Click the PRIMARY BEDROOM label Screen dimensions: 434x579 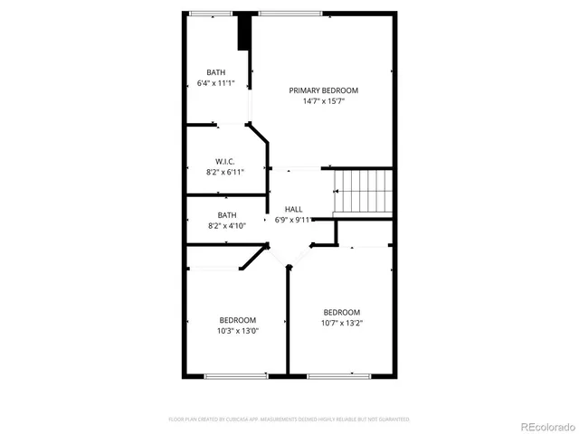[x=323, y=90]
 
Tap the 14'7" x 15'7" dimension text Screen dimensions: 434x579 [x=323, y=101]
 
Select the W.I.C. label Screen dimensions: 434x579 [x=225, y=161]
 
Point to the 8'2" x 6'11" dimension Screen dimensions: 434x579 [x=225, y=172]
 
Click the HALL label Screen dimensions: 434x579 [x=293, y=209]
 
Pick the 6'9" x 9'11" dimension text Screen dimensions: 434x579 [x=293, y=220]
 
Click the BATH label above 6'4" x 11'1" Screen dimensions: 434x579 [x=215, y=72]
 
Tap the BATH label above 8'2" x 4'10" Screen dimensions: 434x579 [x=226, y=215]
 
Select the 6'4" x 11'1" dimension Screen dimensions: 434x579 [x=215, y=83]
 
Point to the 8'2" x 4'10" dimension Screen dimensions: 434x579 [x=226, y=226]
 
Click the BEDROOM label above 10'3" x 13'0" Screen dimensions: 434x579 [x=237, y=320]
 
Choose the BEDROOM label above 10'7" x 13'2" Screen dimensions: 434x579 [x=342, y=313]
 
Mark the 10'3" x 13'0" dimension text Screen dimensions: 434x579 [x=237, y=331]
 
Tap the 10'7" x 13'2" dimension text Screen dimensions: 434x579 [x=342, y=324]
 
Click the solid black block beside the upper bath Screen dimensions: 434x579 [x=243, y=32]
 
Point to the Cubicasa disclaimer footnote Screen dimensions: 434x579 [x=289, y=420]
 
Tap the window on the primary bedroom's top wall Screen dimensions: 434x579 [x=289, y=14]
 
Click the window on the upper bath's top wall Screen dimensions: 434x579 [x=209, y=14]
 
